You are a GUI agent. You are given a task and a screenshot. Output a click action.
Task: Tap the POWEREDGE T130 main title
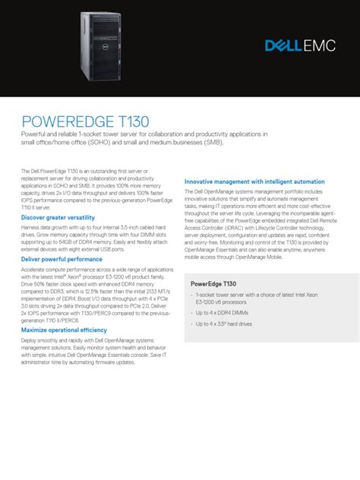[x=85, y=122]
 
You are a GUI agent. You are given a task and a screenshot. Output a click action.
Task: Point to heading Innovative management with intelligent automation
[x=255, y=181]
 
